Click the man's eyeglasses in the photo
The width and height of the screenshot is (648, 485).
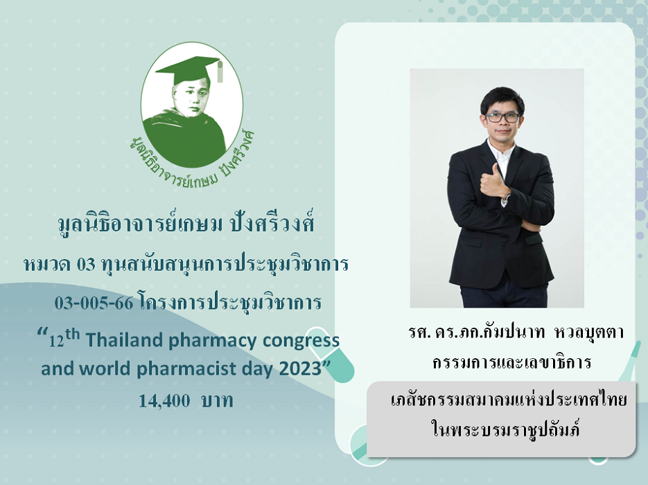tap(502, 117)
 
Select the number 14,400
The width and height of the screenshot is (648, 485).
tap(164, 400)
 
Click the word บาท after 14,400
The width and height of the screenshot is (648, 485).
tap(218, 400)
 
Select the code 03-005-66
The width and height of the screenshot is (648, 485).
tap(94, 303)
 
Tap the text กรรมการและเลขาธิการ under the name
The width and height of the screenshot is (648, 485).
tap(512, 363)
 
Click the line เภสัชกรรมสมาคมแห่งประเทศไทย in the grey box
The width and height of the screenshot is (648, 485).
tap(509, 400)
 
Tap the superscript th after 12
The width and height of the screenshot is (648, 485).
tap(72, 334)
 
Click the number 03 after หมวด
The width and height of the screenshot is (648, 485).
tap(86, 265)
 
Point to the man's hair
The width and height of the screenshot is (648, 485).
tap(502, 99)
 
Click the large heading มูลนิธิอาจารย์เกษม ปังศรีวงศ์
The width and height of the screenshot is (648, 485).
tap(186, 224)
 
